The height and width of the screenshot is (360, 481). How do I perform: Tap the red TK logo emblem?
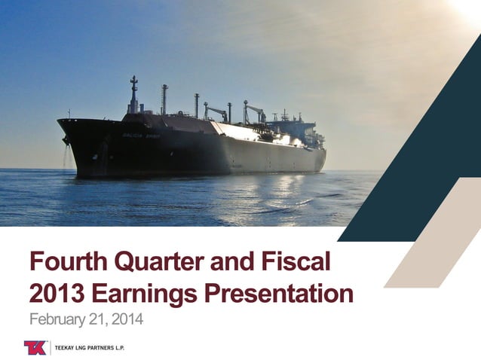click(x=35, y=347)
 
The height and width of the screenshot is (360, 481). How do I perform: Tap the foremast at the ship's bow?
click(x=133, y=96)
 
